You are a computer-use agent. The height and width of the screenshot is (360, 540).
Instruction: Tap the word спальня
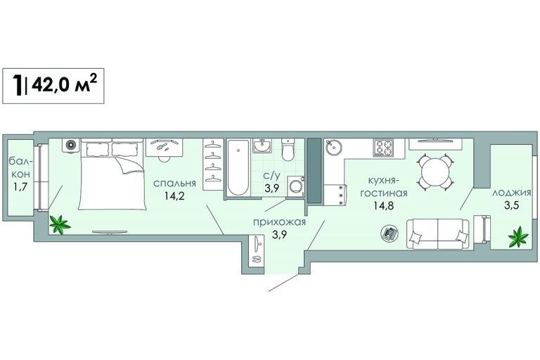click(x=174, y=184)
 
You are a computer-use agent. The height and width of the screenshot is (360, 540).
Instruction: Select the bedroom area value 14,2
click(x=174, y=196)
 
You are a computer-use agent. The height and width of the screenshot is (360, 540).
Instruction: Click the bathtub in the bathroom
click(x=238, y=168)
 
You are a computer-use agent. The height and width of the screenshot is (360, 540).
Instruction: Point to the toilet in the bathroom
click(x=288, y=149)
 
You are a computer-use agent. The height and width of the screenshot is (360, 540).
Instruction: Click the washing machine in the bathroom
click(x=295, y=186)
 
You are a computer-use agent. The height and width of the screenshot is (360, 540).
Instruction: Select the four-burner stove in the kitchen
click(x=383, y=148)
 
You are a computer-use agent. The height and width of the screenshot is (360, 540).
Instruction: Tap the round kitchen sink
click(x=333, y=148)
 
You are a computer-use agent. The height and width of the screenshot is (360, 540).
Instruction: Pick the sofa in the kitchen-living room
click(x=438, y=233)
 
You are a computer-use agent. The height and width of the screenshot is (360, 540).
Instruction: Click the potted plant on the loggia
click(x=518, y=237)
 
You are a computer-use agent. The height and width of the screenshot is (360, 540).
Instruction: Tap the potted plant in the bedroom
click(x=60, y=224)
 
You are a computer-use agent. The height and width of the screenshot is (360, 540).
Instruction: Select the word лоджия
click(x=511, y=193)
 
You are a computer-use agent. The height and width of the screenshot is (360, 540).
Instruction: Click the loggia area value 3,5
click(x=512, y=206)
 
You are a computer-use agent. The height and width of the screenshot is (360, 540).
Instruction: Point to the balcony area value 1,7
click(x=20, y=187)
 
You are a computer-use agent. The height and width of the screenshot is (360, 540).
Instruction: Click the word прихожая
click(x=279, y=222)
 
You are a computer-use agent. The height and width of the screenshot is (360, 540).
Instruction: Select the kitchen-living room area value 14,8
click(x=384, y=206)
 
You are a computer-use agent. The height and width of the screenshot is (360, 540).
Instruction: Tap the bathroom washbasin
click(x=262, y=146)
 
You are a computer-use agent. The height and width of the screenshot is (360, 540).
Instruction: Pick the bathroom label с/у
click(x=271, y=176)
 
